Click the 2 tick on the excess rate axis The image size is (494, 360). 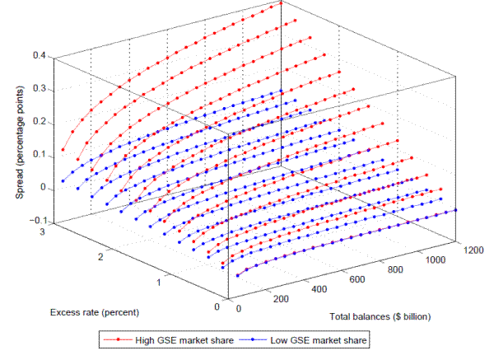pyautogui.click(x=103, y=258)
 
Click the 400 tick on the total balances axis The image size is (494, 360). pyautogui.click(x=319, y=291)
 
